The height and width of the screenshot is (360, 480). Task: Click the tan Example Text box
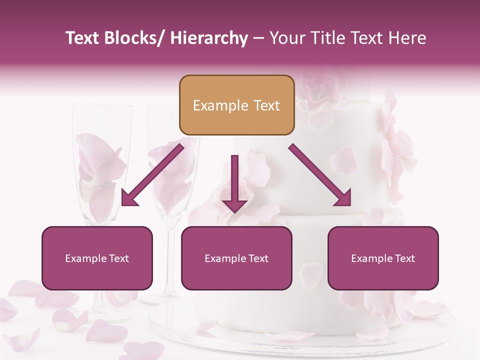click(x=236, y=105)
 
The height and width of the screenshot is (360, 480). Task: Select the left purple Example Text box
click(x=97, y=258)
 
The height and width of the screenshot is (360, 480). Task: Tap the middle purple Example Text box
click(x=236, y=258)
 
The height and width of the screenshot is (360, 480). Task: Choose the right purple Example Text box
click(x=383, y=258)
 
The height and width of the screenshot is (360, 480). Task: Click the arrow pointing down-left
click(x=152, y=175)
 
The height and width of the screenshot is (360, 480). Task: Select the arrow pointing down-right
click(x=320, y=175)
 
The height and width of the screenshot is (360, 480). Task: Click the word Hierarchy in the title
click(x=209, y=38)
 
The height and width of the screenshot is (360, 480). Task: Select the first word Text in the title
click(x=82, y=38)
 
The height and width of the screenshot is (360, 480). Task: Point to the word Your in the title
click(x=285, y=38)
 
